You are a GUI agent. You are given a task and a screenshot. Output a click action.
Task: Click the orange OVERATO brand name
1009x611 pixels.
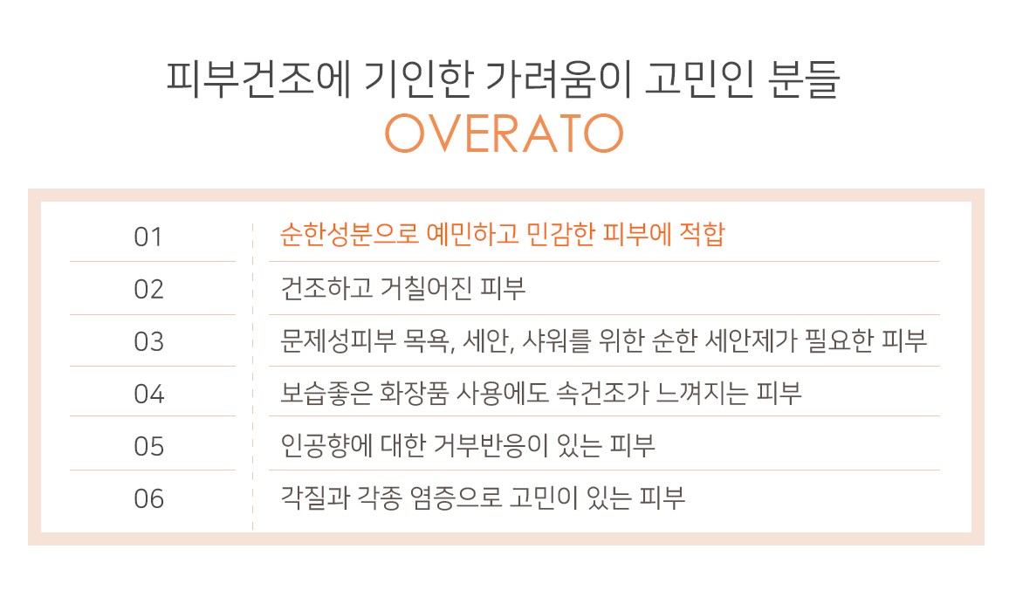point(504,134)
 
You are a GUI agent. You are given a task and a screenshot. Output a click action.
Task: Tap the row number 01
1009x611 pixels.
point(148,237)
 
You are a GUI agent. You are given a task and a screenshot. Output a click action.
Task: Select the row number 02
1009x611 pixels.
point(148,290)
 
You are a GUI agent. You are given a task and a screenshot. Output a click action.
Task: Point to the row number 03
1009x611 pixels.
point(148,342)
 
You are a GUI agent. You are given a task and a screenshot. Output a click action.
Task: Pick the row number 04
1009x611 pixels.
point(148,394)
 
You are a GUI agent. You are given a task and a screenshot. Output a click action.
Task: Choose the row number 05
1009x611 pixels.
point(148,446)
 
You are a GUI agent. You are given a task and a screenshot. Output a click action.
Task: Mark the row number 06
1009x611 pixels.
point(148,499)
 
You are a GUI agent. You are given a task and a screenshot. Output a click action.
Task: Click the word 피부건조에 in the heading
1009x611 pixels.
point(258,79)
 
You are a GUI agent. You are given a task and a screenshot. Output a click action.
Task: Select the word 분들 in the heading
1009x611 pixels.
point(804,79)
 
